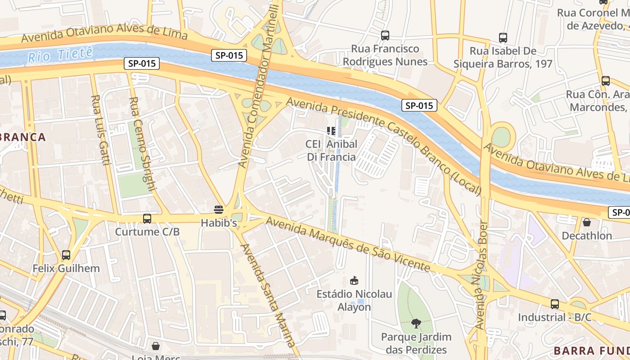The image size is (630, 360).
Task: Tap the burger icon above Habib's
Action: click(x=219, y=209)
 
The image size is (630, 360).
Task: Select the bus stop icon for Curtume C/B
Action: click(x=147, y=219)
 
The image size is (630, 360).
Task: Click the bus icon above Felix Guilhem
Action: click(x=66, y=255)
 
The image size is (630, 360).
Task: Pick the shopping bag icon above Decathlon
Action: click(x=587, y=222)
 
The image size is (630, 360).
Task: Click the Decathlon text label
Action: click(x=587, y=235)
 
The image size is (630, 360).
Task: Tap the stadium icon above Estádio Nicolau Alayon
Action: click(x=355, y=281)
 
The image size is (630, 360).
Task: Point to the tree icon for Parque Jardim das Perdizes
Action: click(x=416, y=323)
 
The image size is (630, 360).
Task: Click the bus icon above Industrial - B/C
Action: click(x=555, y=304)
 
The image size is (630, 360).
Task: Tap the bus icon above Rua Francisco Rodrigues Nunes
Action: click(x=385, y=35)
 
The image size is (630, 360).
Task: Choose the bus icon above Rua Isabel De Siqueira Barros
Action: click(x=503, y=38)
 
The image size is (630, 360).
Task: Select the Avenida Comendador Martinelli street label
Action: click(x=259, y=85)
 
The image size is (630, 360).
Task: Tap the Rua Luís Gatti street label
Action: click(x=101, y=130)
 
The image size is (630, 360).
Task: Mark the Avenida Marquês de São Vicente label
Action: click(x=347, y=244)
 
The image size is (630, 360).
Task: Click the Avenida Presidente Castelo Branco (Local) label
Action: click(x=384, y=147)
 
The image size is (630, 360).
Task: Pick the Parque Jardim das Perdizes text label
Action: click(x=416, y=343)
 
